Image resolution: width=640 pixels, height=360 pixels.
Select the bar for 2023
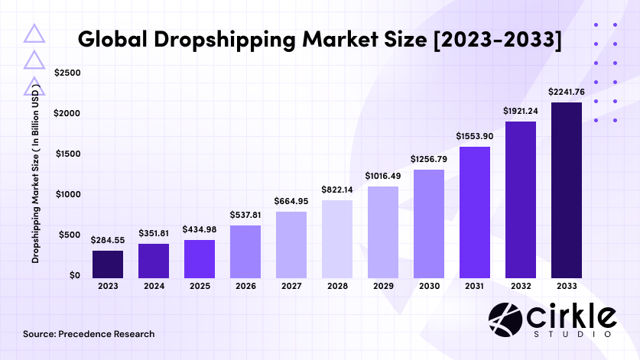click(108, 264)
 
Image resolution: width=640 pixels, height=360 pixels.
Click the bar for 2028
click(337, 238)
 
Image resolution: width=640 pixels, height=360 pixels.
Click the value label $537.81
click(245, 215)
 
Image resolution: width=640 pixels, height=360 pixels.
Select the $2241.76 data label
click(567, 92)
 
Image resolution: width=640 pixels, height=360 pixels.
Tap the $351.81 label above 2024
click(154, 232)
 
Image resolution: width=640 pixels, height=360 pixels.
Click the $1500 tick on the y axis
click(68, 154)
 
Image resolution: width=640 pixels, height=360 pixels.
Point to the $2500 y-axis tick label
click(68, 73)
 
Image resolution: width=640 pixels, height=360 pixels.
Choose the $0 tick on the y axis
click(74, 274)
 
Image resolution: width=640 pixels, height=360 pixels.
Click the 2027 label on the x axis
click(291, 287)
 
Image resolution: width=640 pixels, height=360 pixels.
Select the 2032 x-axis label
click(521, 287)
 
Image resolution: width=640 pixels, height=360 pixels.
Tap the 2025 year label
click(200, 287)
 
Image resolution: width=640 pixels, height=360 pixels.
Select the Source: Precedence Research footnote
click(89, 334)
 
